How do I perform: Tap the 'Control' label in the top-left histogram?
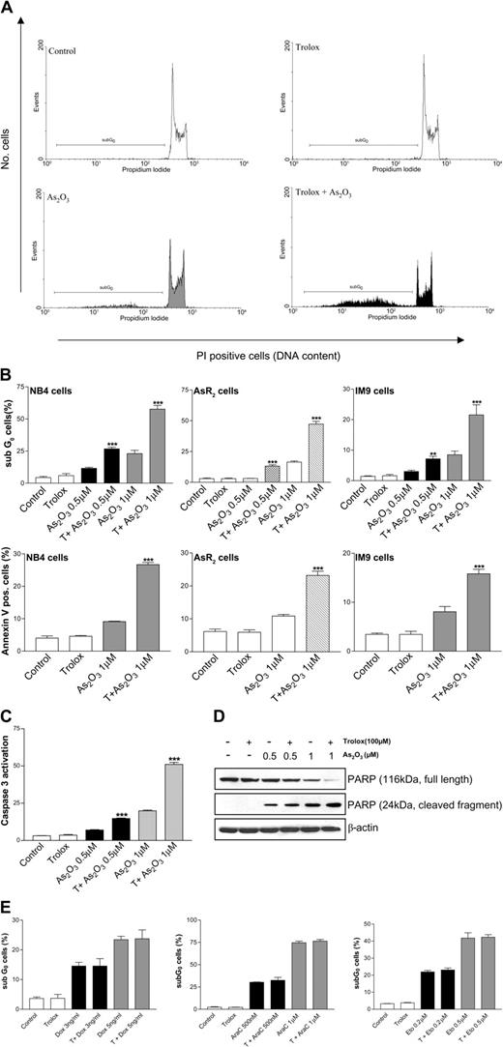tap(64, 50)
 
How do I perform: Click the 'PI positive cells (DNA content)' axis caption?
tap(255, 354)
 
